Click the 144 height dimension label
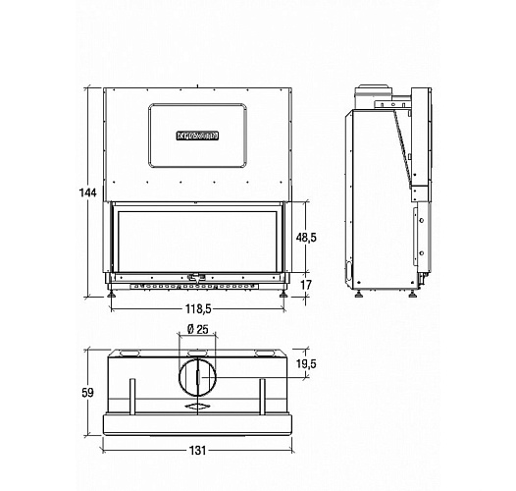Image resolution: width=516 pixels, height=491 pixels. [x=87, y=193]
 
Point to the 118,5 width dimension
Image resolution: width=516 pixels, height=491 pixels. [x=200, y=310]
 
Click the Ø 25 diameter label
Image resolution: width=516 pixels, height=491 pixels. [x=196, y=329]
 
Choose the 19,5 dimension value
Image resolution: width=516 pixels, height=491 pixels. [x=306, y=364]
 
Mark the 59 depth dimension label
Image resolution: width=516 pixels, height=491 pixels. [x=87, y=393]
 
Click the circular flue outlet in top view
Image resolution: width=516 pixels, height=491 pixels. [x=198, y=377]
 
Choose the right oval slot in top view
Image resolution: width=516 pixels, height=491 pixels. [x=266, y=353]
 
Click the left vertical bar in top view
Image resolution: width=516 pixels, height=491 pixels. [x=133, y=397]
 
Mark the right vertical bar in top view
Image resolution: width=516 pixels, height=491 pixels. [x=263, y=397]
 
